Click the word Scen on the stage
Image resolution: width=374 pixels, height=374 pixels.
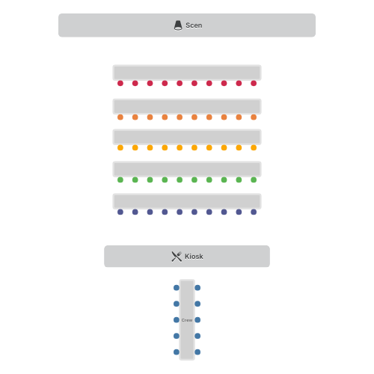194,25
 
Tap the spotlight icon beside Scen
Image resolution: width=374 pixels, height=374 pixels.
178,25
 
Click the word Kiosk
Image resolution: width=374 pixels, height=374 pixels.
194,257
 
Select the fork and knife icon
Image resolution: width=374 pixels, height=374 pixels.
177,257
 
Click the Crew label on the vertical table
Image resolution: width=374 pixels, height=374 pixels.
187,320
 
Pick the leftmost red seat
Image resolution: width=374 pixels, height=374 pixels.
120,83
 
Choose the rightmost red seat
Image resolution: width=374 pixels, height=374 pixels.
254,83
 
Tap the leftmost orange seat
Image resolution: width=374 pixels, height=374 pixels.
120,117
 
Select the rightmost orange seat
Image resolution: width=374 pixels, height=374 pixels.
254,117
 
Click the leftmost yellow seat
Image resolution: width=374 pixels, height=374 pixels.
120,147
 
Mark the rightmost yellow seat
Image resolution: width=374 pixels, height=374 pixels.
254,147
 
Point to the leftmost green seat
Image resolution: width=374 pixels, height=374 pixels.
120,180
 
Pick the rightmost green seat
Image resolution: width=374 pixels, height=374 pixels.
254,180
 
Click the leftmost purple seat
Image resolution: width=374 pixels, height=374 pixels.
120,212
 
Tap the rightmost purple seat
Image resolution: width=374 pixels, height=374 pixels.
254,212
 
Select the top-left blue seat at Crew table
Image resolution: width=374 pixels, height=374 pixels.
177,288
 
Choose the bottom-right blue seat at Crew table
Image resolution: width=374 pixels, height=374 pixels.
197,352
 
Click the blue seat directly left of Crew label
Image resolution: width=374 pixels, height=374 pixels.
177,320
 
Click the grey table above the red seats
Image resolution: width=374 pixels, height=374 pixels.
187,73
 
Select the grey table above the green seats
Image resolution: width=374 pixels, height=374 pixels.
187,169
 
